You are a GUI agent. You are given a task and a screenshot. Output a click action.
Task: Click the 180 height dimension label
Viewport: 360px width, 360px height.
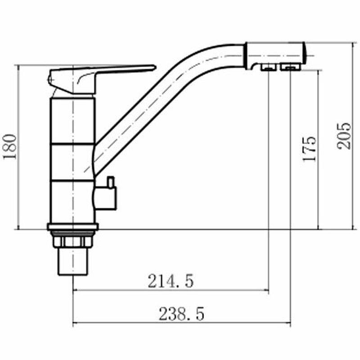click(10, 147)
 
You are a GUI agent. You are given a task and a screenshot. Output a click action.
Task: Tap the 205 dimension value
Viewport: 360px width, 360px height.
click(344, 136)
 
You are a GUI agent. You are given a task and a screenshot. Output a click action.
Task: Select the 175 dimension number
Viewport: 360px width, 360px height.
click(309, 149)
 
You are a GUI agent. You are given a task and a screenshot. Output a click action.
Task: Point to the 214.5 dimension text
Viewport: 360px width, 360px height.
click(171, 281)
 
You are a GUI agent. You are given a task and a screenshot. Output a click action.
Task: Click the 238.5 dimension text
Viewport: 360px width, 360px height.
click(181, 314)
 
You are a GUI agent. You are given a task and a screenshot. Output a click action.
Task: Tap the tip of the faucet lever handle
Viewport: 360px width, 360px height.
click(155, 67)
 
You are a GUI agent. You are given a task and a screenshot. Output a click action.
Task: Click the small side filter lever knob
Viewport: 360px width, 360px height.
click(111, 182)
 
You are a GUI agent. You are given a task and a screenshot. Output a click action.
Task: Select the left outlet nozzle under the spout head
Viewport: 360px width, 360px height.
click(268, 67)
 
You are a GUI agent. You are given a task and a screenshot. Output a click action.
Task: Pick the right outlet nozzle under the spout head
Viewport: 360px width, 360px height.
click(290, 67)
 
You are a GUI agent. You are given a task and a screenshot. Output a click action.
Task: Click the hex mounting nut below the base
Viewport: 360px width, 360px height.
click(72, 242)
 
